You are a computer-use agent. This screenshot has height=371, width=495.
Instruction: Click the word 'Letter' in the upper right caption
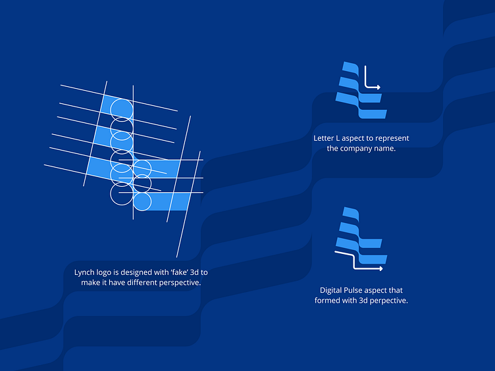point(323,138)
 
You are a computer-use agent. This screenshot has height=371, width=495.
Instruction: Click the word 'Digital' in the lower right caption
point(330,291)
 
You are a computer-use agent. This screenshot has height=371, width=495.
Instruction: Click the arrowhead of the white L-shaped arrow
point(378,87)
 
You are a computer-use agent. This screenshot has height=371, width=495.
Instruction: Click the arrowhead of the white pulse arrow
point(381,268)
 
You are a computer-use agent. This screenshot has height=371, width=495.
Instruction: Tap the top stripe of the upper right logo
point(350,68)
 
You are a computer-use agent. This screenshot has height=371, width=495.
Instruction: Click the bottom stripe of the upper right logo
point(373,114)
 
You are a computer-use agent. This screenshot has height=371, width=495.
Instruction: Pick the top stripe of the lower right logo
point(351,214)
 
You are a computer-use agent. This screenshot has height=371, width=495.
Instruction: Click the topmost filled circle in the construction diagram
point(122,109)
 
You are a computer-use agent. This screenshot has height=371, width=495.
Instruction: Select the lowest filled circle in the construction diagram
point(142,201)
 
